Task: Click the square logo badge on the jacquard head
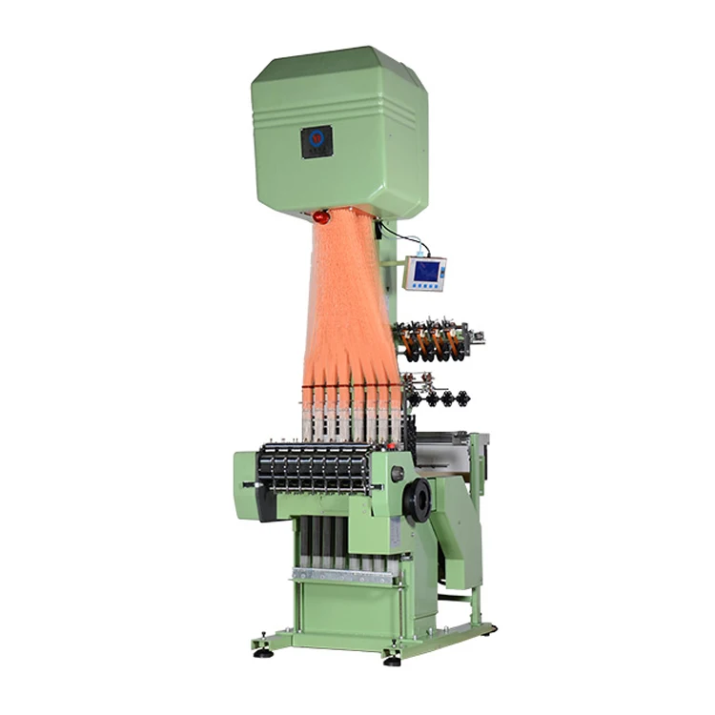[x=317, y=141]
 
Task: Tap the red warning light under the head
[x=321, y=217]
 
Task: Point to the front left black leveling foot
[x=264, y=652]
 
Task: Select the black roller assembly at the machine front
[x=315, y=467]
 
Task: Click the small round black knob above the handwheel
[x=398, y=474]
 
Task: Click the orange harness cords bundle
[x=348, y=305]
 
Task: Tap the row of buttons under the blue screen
[x=425, y=286]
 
